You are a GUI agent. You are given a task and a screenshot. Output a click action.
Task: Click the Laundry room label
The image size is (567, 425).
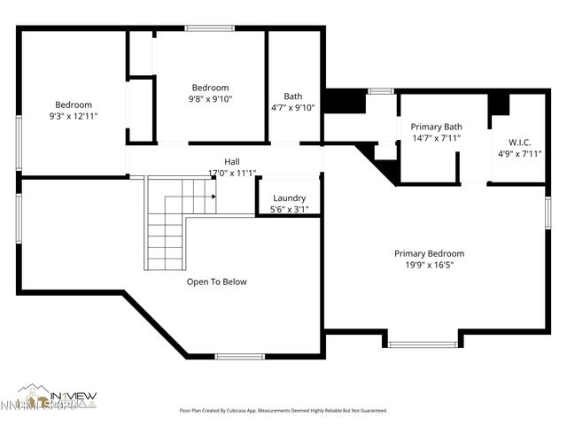289,198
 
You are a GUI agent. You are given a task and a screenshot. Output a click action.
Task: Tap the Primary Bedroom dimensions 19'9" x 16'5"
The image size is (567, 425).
429,264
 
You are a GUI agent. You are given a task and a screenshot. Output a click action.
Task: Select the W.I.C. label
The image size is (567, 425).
519,143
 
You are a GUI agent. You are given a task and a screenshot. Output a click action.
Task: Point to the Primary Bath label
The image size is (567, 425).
436,127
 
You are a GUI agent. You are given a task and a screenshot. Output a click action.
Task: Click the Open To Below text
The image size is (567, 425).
216,282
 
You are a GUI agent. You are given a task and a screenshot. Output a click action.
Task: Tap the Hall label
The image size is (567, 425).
231,161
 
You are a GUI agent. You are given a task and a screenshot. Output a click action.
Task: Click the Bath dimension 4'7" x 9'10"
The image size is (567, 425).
293,108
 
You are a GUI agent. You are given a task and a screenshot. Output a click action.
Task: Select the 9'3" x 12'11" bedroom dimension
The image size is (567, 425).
73,116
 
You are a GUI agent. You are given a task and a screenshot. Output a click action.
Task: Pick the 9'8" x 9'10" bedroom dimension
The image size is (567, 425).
211,99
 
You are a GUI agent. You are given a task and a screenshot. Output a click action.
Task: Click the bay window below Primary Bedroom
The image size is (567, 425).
423,341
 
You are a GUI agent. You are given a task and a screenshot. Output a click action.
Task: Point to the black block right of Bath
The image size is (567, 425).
344,101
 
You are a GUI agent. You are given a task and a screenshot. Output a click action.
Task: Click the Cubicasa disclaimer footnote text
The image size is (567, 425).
283,411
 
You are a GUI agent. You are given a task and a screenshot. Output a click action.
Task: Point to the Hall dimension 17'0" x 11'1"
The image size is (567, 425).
231,173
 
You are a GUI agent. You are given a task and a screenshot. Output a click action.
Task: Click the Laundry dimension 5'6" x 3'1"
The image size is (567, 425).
289,210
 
